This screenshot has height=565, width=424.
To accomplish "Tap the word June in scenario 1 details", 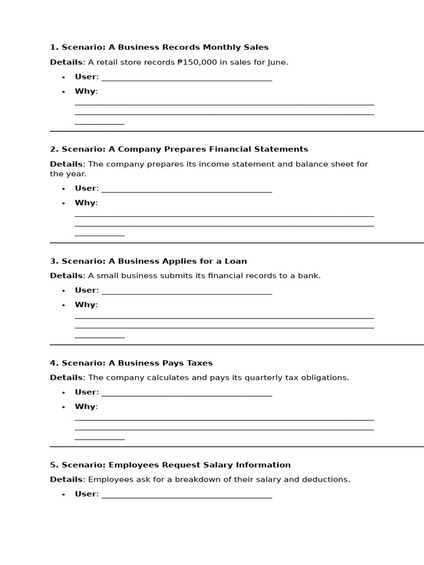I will coord(276,62).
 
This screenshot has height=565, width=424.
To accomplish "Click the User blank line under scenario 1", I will coord(187,79).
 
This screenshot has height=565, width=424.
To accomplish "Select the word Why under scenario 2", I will coord(85,203).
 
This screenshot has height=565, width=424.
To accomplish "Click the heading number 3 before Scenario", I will coord(53,261).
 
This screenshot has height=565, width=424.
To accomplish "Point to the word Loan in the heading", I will coord(236,261).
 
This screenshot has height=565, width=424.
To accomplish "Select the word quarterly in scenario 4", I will coord(231,378).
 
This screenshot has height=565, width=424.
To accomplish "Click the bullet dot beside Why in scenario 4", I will coord(63,407).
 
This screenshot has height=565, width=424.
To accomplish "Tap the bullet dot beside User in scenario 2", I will coord(63,189).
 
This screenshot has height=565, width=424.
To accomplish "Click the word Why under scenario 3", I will coord(85,305).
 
